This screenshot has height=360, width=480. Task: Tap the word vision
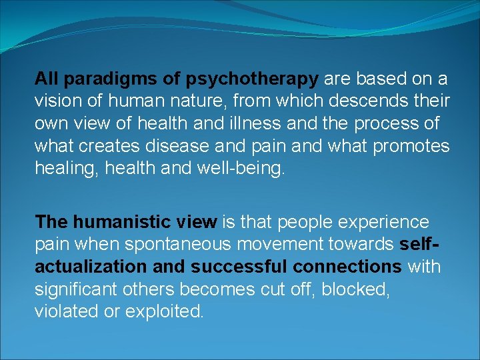tap(56, 102)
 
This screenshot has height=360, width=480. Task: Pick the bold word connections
tap(345, 267)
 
